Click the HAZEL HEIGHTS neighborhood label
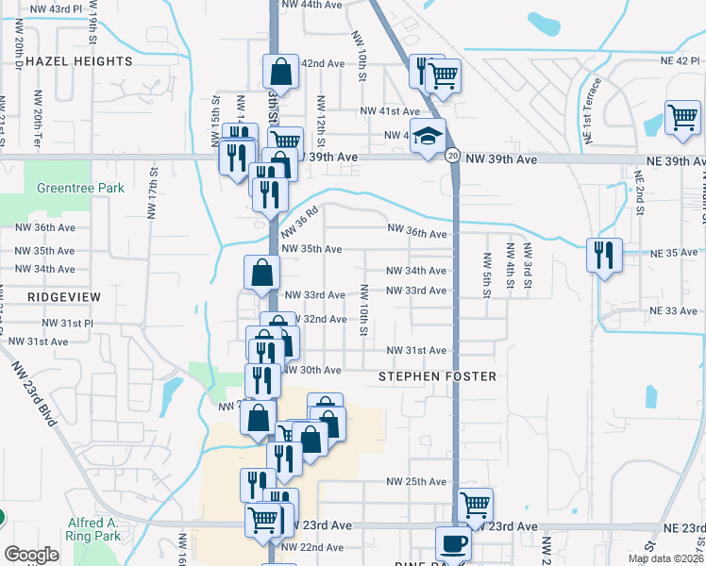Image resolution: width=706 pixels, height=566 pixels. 79,61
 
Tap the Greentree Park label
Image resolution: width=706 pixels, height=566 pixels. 80,188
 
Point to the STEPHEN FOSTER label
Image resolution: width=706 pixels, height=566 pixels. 437,376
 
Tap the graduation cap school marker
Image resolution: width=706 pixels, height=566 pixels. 428,136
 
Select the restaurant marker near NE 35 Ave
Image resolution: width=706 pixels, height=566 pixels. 603,254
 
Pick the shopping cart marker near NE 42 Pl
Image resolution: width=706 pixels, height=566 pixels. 682,117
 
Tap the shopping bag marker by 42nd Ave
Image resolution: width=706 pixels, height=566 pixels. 280,70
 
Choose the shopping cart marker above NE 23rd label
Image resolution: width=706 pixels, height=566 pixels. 474,504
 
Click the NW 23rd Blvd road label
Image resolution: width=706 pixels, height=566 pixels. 34,393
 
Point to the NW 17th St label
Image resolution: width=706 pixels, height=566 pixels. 154,203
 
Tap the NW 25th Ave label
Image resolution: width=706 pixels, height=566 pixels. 416,481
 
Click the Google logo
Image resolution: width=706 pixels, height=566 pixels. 31,555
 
